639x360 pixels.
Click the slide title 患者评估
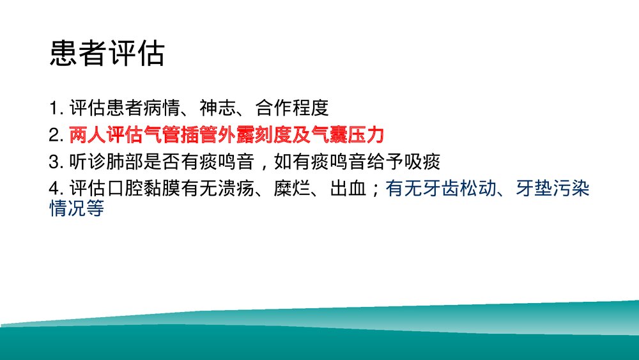tap(107, 55)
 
